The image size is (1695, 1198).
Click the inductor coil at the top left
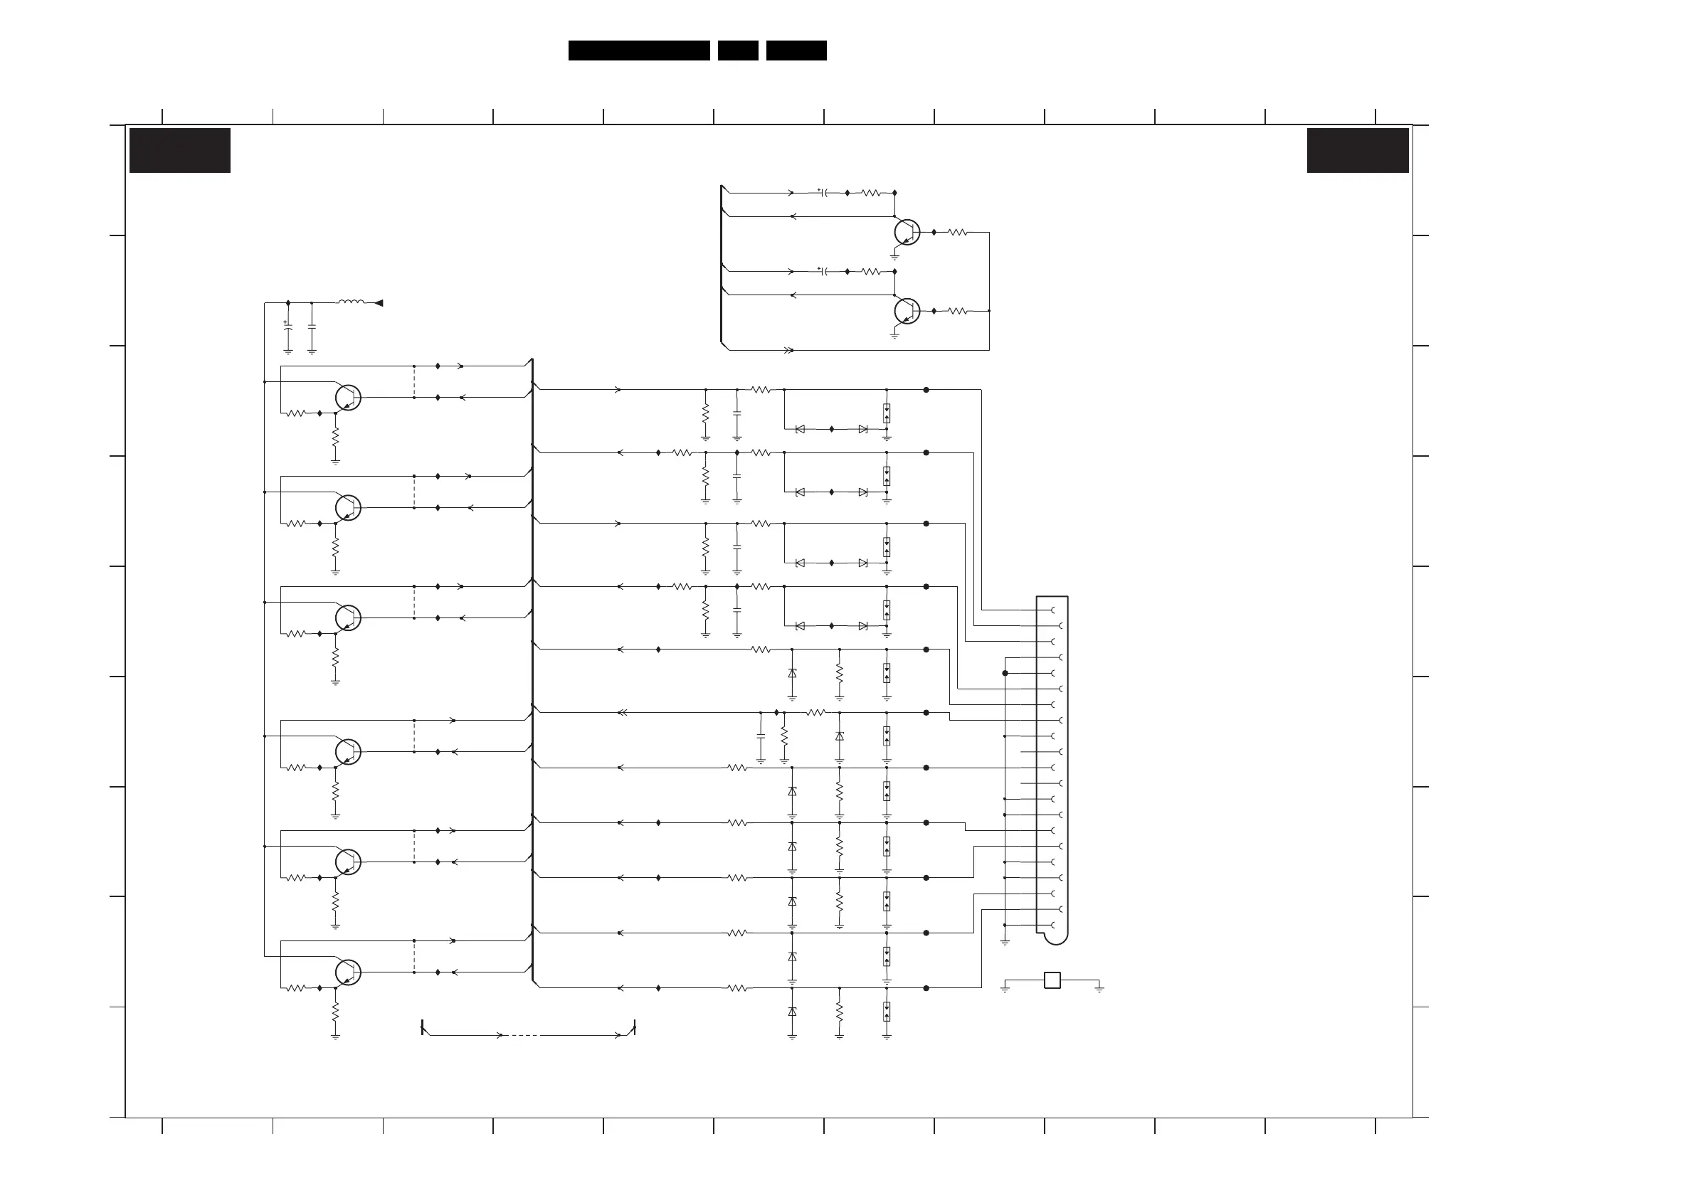(x=351, y=302)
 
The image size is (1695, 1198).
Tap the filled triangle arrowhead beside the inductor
(x=379, y=302)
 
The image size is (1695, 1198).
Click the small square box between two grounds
(x=1052, y=980)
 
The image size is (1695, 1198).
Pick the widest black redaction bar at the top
(x=638, y=51)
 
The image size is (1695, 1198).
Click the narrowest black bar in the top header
(x=737, y=51)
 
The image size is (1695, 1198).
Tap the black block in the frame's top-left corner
(x=179, y=151)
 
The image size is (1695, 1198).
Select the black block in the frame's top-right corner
(x=1357, y=151)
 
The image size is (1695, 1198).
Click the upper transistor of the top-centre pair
(x=907, y=232)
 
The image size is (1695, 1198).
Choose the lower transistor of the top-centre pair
(x=907, y=311)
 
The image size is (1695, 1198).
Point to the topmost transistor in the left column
(x=348, y=397)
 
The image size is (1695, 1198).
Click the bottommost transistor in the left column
(x=348, y=972)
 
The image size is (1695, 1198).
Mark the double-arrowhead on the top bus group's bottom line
(x=788, y=350)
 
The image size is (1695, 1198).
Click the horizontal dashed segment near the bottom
(x=524, y=1036)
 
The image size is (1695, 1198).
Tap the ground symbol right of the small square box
(x=1099, y=987)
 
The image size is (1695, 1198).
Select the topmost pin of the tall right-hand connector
(x=1052, y=610)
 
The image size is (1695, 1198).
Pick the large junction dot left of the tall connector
(x=1005, y=673)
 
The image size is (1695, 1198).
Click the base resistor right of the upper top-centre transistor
(x=958, y=233)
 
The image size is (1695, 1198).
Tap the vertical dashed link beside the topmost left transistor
(x=414, y=381)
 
